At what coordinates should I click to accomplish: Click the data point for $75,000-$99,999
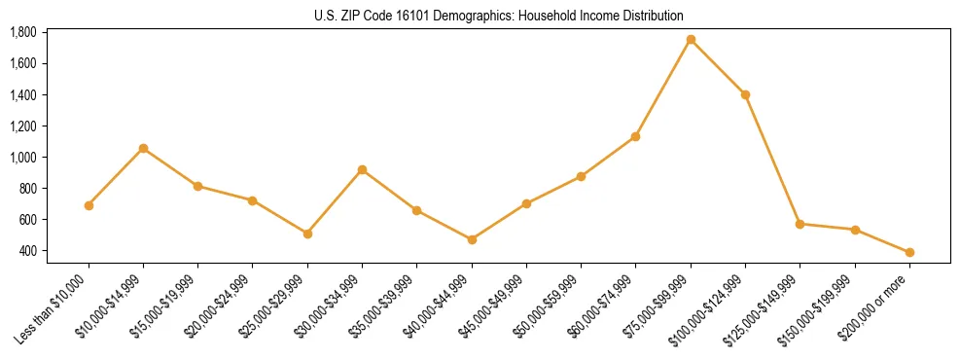(691, 40)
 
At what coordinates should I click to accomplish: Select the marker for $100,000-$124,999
(745, 94)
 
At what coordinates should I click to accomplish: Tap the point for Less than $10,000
(89, 205)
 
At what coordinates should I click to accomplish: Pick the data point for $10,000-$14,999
(143, 148)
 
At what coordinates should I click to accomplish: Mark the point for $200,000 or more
(909, 252)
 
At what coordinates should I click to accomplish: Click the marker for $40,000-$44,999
(472, 239)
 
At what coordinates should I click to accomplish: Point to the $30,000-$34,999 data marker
(362, 169)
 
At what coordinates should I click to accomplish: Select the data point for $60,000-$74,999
(635, 136)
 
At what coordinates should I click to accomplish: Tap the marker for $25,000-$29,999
(307, 234)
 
